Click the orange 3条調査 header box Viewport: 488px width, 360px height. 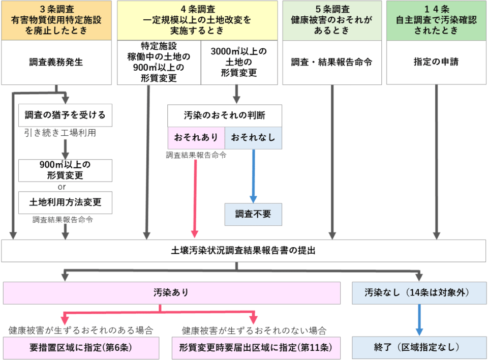56,20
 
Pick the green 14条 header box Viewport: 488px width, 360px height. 436,20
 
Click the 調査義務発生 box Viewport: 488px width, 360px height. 56,63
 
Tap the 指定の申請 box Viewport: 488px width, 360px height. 436,63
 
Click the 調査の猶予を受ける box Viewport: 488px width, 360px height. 65,115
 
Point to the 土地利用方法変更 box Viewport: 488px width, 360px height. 65,202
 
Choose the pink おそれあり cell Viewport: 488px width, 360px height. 196,138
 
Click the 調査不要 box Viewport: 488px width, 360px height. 253,214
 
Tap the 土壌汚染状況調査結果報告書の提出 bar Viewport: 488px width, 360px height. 243,251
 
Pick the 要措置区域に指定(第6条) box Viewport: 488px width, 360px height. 81,348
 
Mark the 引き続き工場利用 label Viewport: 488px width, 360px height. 60,133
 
